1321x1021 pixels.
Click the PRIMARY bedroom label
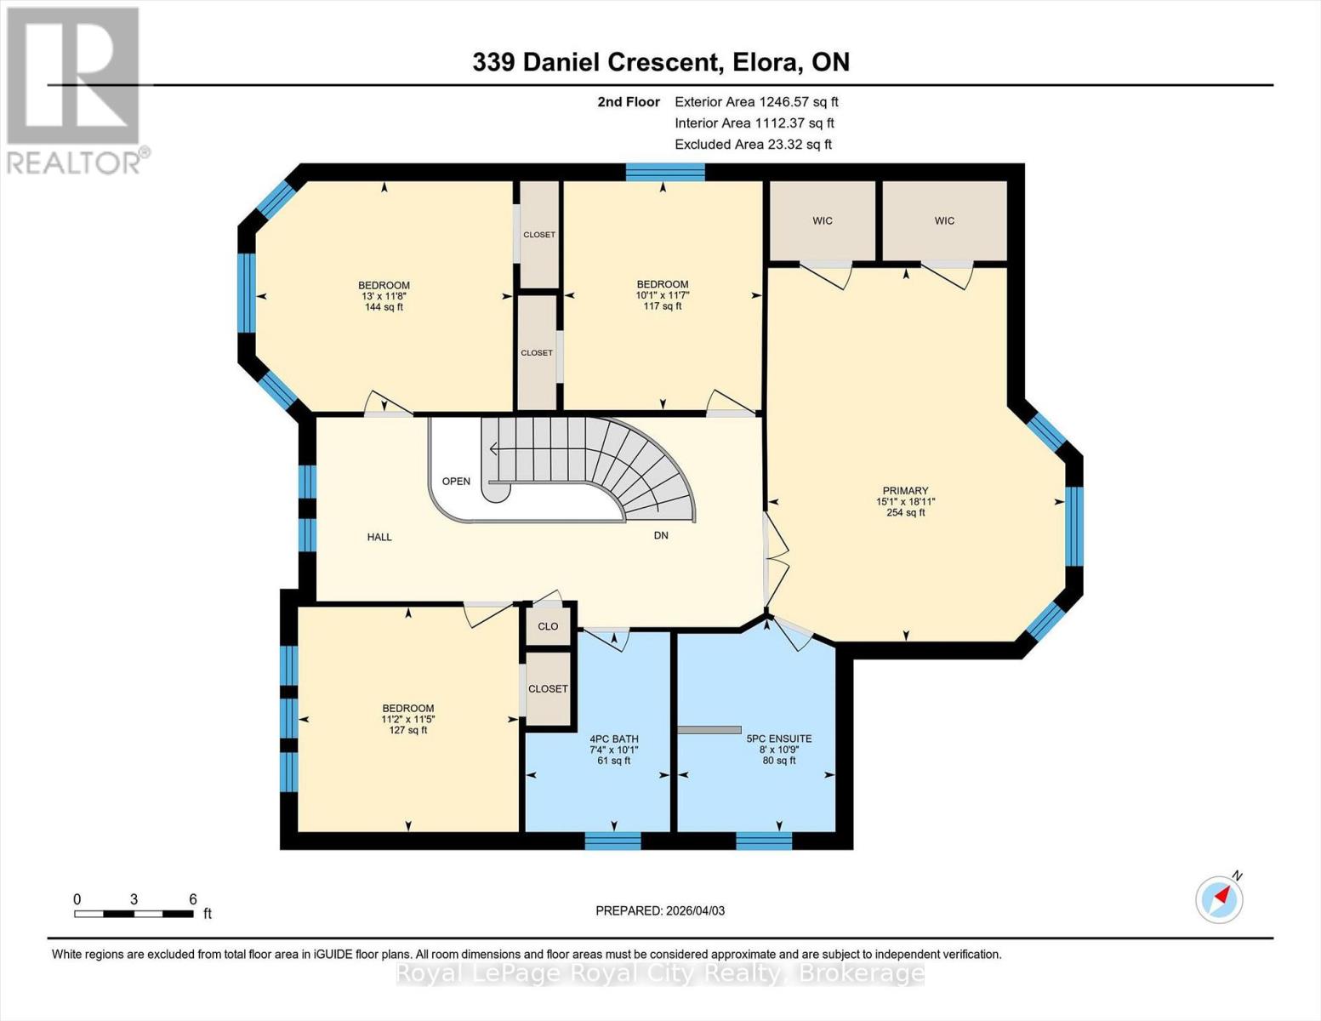click(905, 490)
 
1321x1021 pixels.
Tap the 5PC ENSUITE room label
click(778, 739)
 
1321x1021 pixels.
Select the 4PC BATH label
click(613, 739)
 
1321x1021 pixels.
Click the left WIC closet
click(822, 220)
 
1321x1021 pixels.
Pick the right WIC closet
click(944, 220)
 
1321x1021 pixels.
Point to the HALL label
click(379, 537)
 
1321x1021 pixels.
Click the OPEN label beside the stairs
click(456, 482)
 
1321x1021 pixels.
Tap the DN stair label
click(661, 535)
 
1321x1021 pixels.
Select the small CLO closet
click(549, 626)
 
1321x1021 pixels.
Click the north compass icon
click(1219, 898)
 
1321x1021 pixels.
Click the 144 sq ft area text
click(384, 307)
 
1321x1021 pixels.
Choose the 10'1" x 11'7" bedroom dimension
click(663, 295)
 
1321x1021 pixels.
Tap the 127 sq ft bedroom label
click(408, 730)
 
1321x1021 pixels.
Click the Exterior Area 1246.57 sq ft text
click(756, 102)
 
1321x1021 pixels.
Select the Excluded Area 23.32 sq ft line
click(753, 145)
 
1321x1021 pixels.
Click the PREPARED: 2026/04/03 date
click(660, 910)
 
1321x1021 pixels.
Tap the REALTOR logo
click(75, 89)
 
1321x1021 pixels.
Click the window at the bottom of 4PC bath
click(612, 841)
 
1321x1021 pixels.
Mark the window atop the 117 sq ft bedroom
click(665, 172)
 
